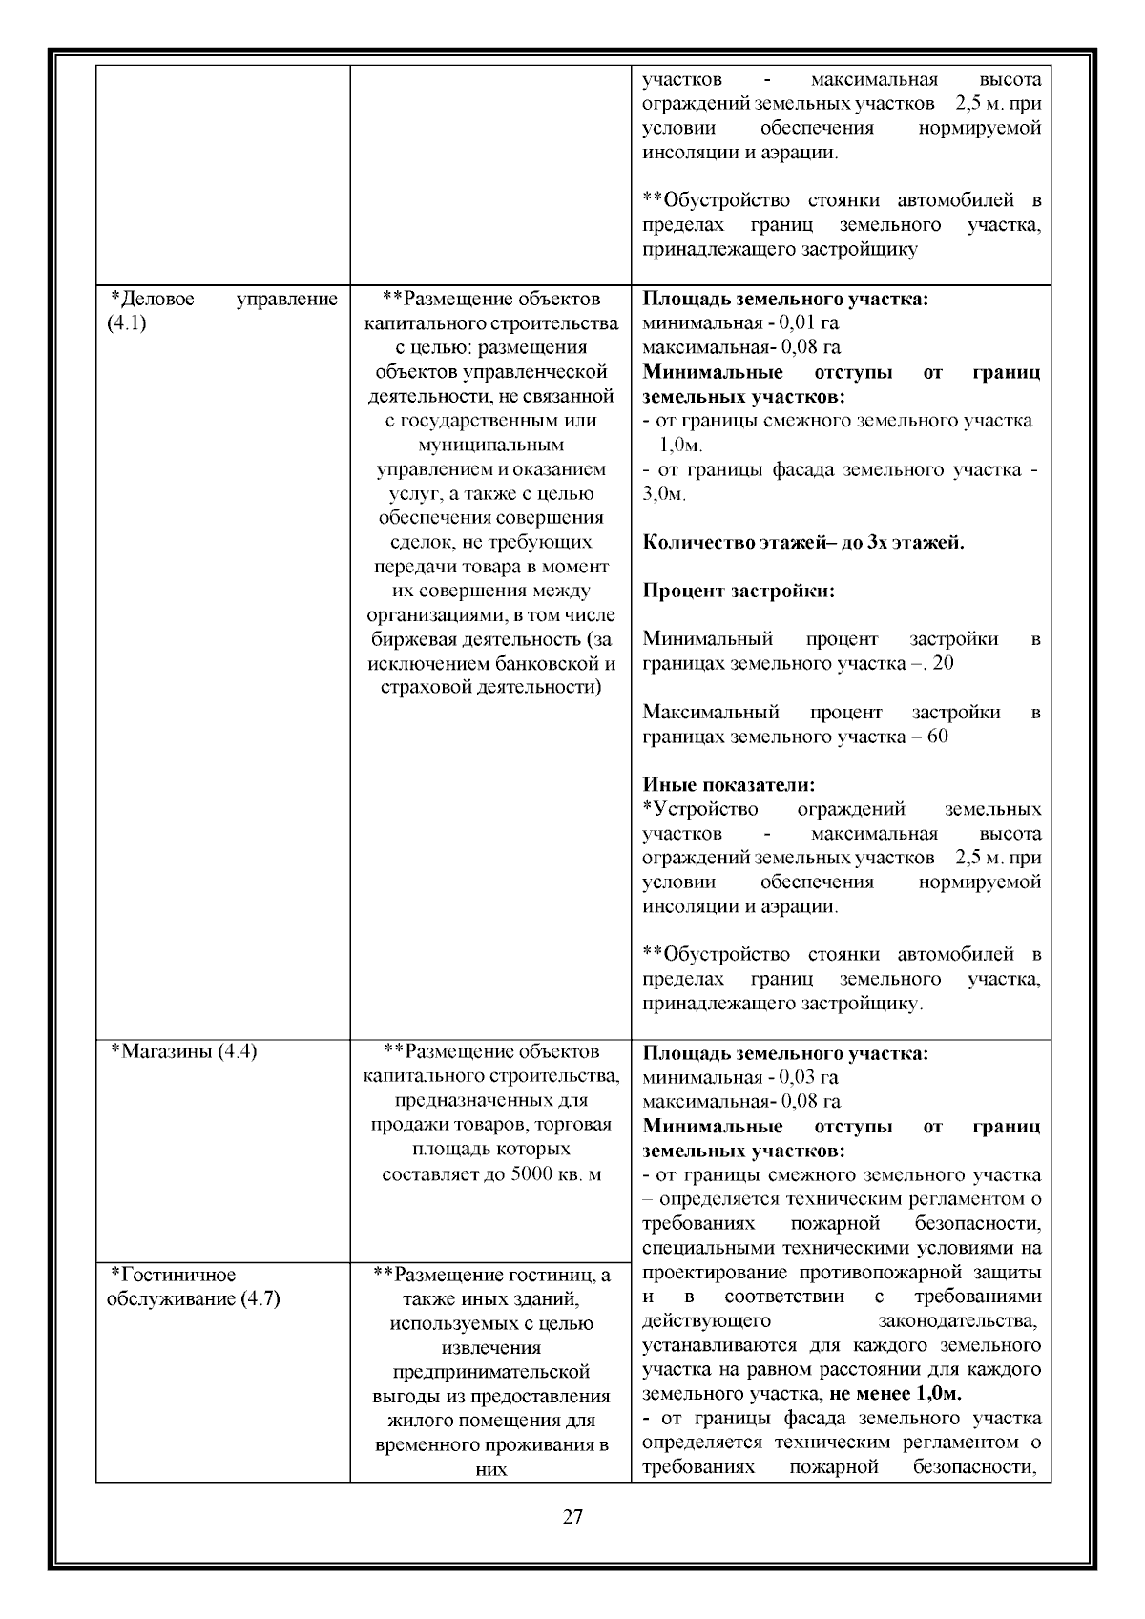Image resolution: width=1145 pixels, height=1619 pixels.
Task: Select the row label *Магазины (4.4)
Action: (x=183, y=1051)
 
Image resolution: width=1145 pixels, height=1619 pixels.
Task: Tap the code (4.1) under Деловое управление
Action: (x=126, y=323)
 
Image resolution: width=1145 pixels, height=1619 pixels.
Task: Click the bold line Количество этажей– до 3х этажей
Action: (x=803, y=543)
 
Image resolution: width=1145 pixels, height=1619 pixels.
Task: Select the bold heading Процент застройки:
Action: (x=739, y=591)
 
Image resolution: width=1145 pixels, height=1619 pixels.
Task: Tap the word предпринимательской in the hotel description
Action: (x=491, y=1372)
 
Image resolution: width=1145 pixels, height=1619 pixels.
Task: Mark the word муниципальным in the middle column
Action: (x=491, y=445)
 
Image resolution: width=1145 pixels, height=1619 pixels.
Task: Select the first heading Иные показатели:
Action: (x=729, y=785)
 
